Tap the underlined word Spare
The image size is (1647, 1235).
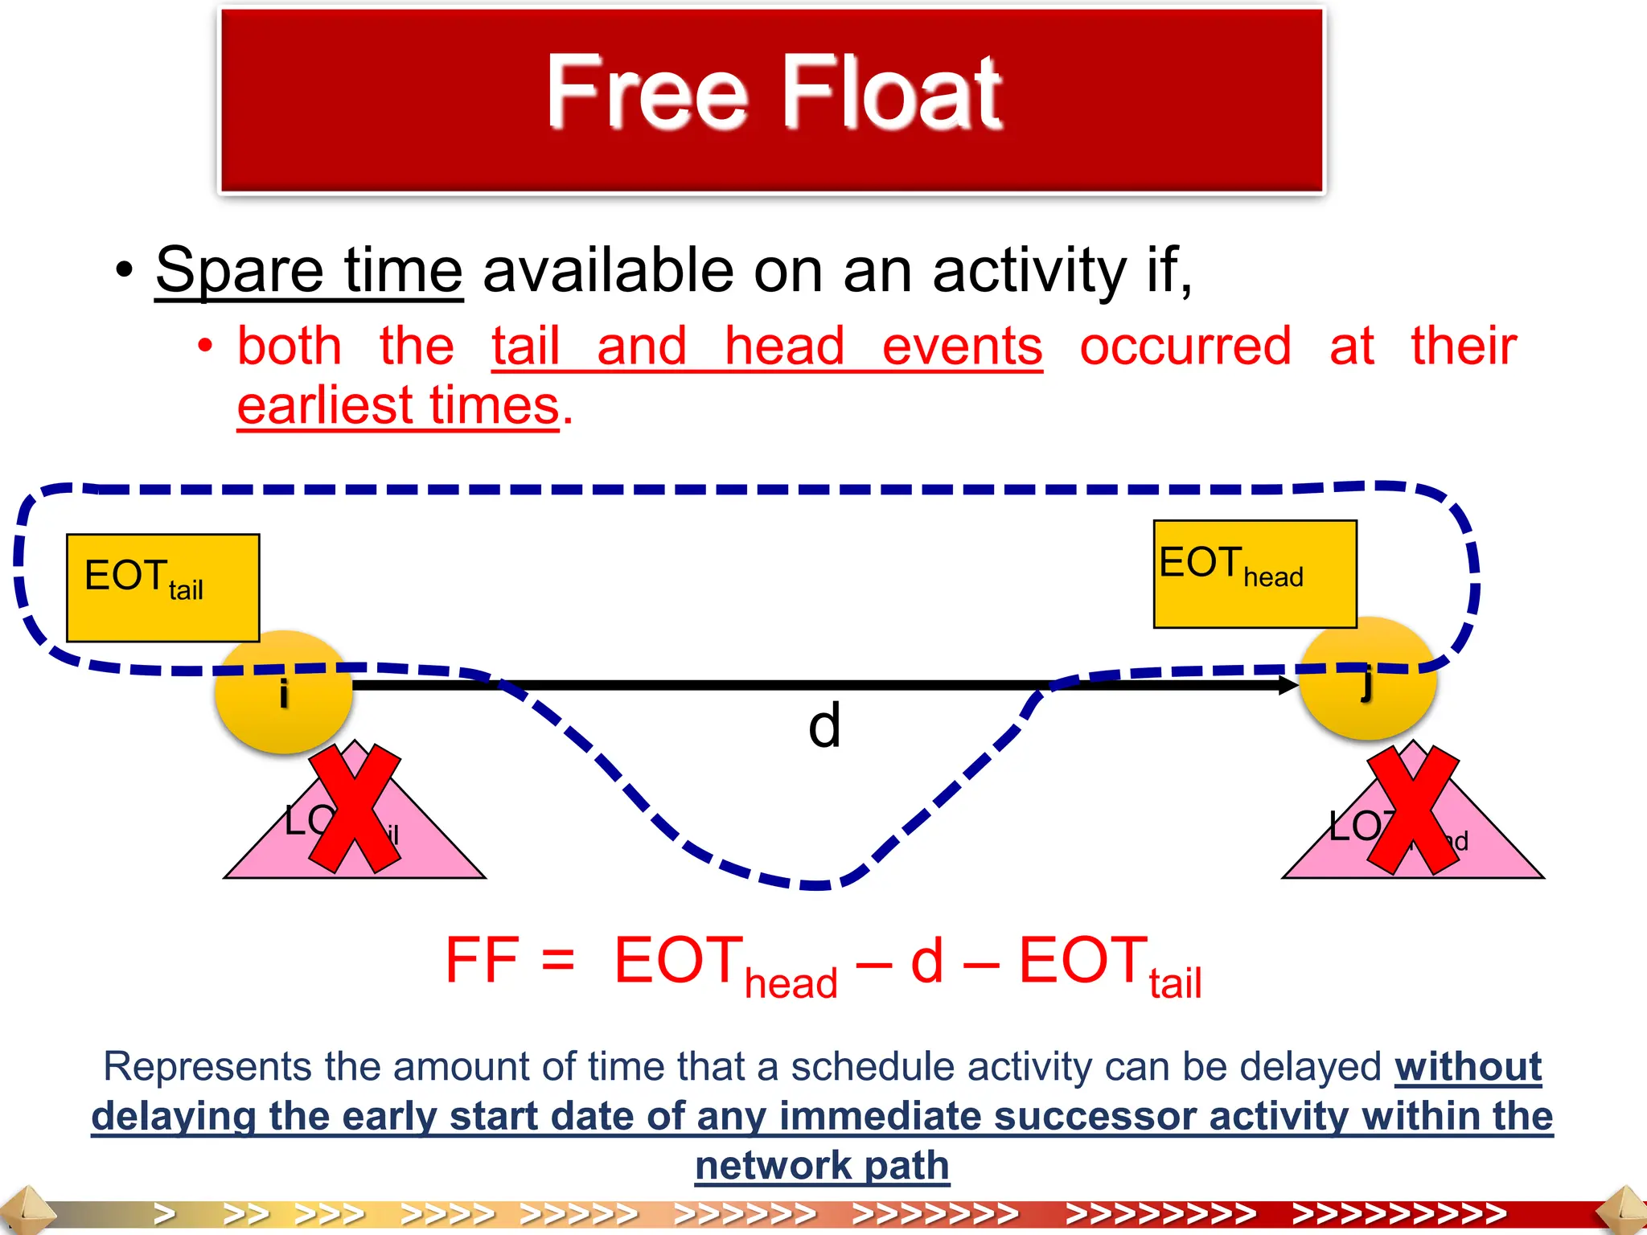(239, 271)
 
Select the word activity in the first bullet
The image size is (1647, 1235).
(1029, 271)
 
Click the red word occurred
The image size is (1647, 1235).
(1185, 347)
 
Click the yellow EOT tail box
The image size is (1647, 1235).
(162, 587)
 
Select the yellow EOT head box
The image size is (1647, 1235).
(1255, 573)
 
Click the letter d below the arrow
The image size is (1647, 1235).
(824, 725)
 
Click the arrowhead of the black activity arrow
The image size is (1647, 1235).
(1285, 685)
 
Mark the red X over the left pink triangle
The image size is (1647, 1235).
(355, 808)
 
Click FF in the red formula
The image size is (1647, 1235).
(481, 961)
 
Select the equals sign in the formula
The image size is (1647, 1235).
(558, 961)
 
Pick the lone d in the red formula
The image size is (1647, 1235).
(926, 961)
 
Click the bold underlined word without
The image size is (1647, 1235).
(1468, 1068)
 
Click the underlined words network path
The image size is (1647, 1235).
(822, 1166)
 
